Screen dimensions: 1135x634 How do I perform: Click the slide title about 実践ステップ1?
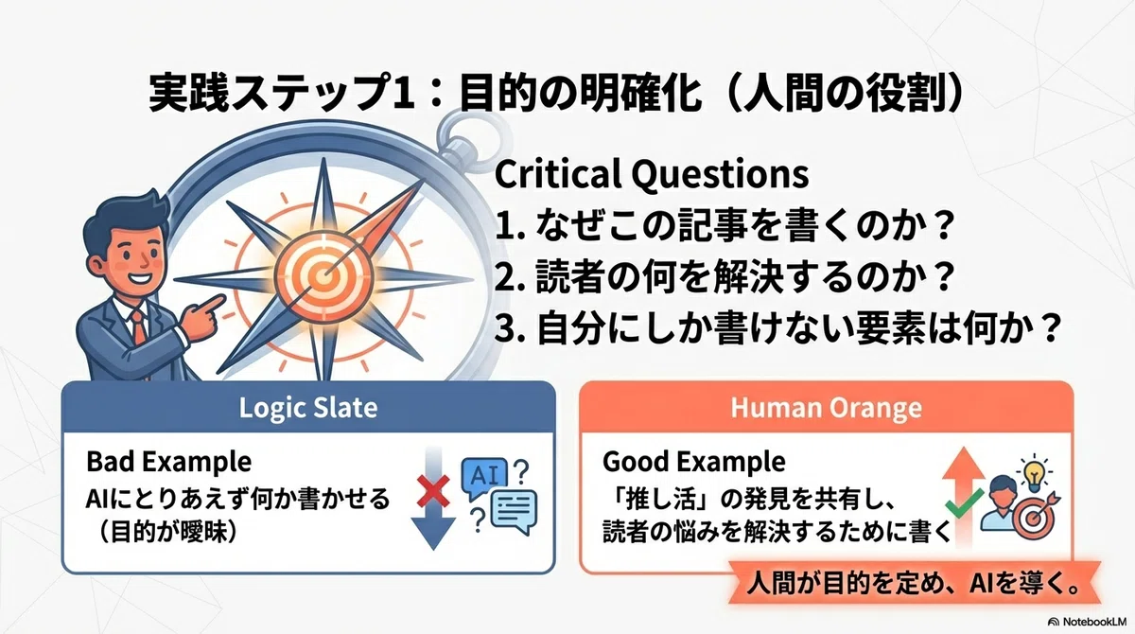556,94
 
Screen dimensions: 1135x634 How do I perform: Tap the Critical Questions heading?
651,174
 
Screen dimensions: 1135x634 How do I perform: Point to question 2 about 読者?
725,276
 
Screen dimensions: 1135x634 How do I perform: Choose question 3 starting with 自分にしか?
777,328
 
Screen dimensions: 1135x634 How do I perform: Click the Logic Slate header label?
308,408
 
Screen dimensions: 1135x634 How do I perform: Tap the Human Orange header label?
826,408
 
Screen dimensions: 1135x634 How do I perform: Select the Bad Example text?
168,462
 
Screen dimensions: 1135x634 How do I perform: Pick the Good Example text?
693,462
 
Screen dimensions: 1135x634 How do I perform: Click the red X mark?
433,491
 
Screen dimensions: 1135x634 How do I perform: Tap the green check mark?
964,502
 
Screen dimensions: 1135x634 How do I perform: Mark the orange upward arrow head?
963,464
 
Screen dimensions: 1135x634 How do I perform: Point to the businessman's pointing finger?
212,303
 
